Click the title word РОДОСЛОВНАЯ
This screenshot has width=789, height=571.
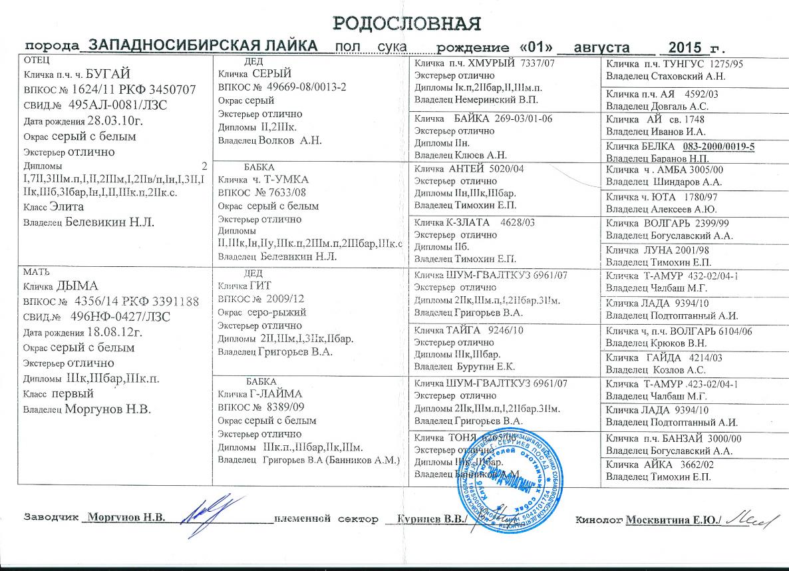point(406,24)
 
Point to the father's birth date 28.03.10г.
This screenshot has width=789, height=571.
point(113,121)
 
